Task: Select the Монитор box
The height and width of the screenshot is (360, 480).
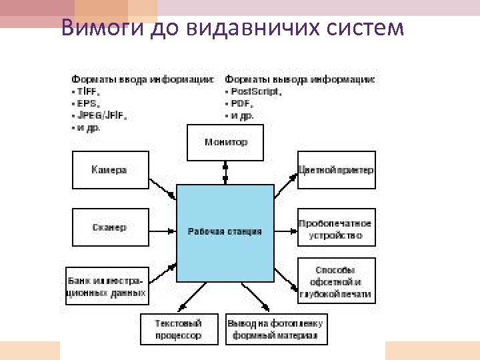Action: pyautogui.click(x=226, y=143)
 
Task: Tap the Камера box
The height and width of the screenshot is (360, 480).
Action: pyautogui.click(x=109, y=170)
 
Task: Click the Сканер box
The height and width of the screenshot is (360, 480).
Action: pyautogui.click(x=109, y=227)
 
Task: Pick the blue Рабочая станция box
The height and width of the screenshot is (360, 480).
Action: pyautogui.click(x=225, y=231)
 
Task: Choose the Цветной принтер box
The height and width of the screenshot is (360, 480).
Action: pyautogui.click(x=336, y=170)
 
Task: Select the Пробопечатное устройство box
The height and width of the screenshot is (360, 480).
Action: pyautogui.click(x=336, y=229)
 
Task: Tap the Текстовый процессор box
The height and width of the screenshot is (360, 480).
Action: pyautogui.click(x=179, y=329)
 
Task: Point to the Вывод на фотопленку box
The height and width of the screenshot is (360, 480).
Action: pyautogui.click(x=277, y=329)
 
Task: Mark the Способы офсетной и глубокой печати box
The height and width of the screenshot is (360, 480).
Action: pyautogui.click(x=336, y=281)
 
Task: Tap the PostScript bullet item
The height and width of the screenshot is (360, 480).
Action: pyautogui.click(x=253, y=91)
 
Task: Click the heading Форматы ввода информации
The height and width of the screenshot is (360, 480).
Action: pyautogui.click(x=143, y=79)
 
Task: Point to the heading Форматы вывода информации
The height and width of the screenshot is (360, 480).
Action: pyautogui.click(x=300, y=79)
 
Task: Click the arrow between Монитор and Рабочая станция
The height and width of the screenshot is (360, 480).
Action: pyautogui.click(x=226, y=173)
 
